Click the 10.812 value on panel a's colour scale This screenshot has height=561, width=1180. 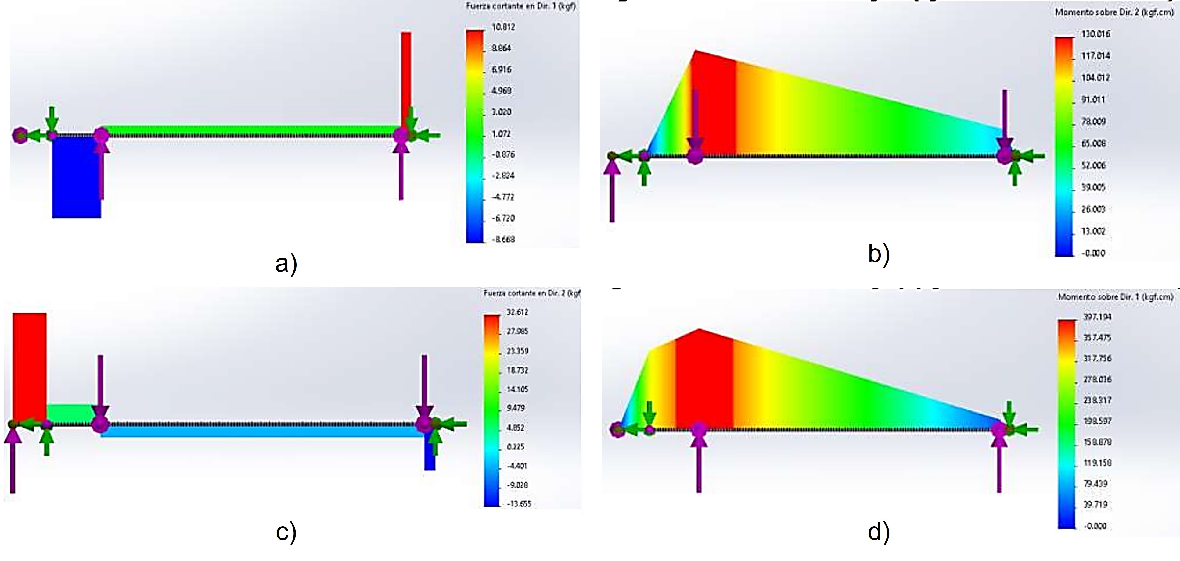(x=503, y=27)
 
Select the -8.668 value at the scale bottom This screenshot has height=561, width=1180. (x=503, y=239)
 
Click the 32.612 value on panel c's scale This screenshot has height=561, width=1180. (x=517, y=312)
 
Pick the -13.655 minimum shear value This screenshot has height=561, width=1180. (x=519, y=504)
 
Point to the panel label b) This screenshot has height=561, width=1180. (x=879, y=254)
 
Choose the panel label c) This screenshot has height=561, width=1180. (x=286, y=532)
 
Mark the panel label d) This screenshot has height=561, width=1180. (x=879, y=532)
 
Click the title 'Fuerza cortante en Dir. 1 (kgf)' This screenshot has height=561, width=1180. (x=521, y=6)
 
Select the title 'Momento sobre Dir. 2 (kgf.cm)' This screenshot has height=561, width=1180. (x=1114, y=12)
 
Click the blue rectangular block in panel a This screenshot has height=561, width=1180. (x=76, y=179)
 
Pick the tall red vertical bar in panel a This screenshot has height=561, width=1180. (x=406, y=78)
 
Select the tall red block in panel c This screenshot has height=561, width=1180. (x=29, y=366)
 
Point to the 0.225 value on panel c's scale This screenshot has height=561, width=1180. (x=515, y=447)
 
